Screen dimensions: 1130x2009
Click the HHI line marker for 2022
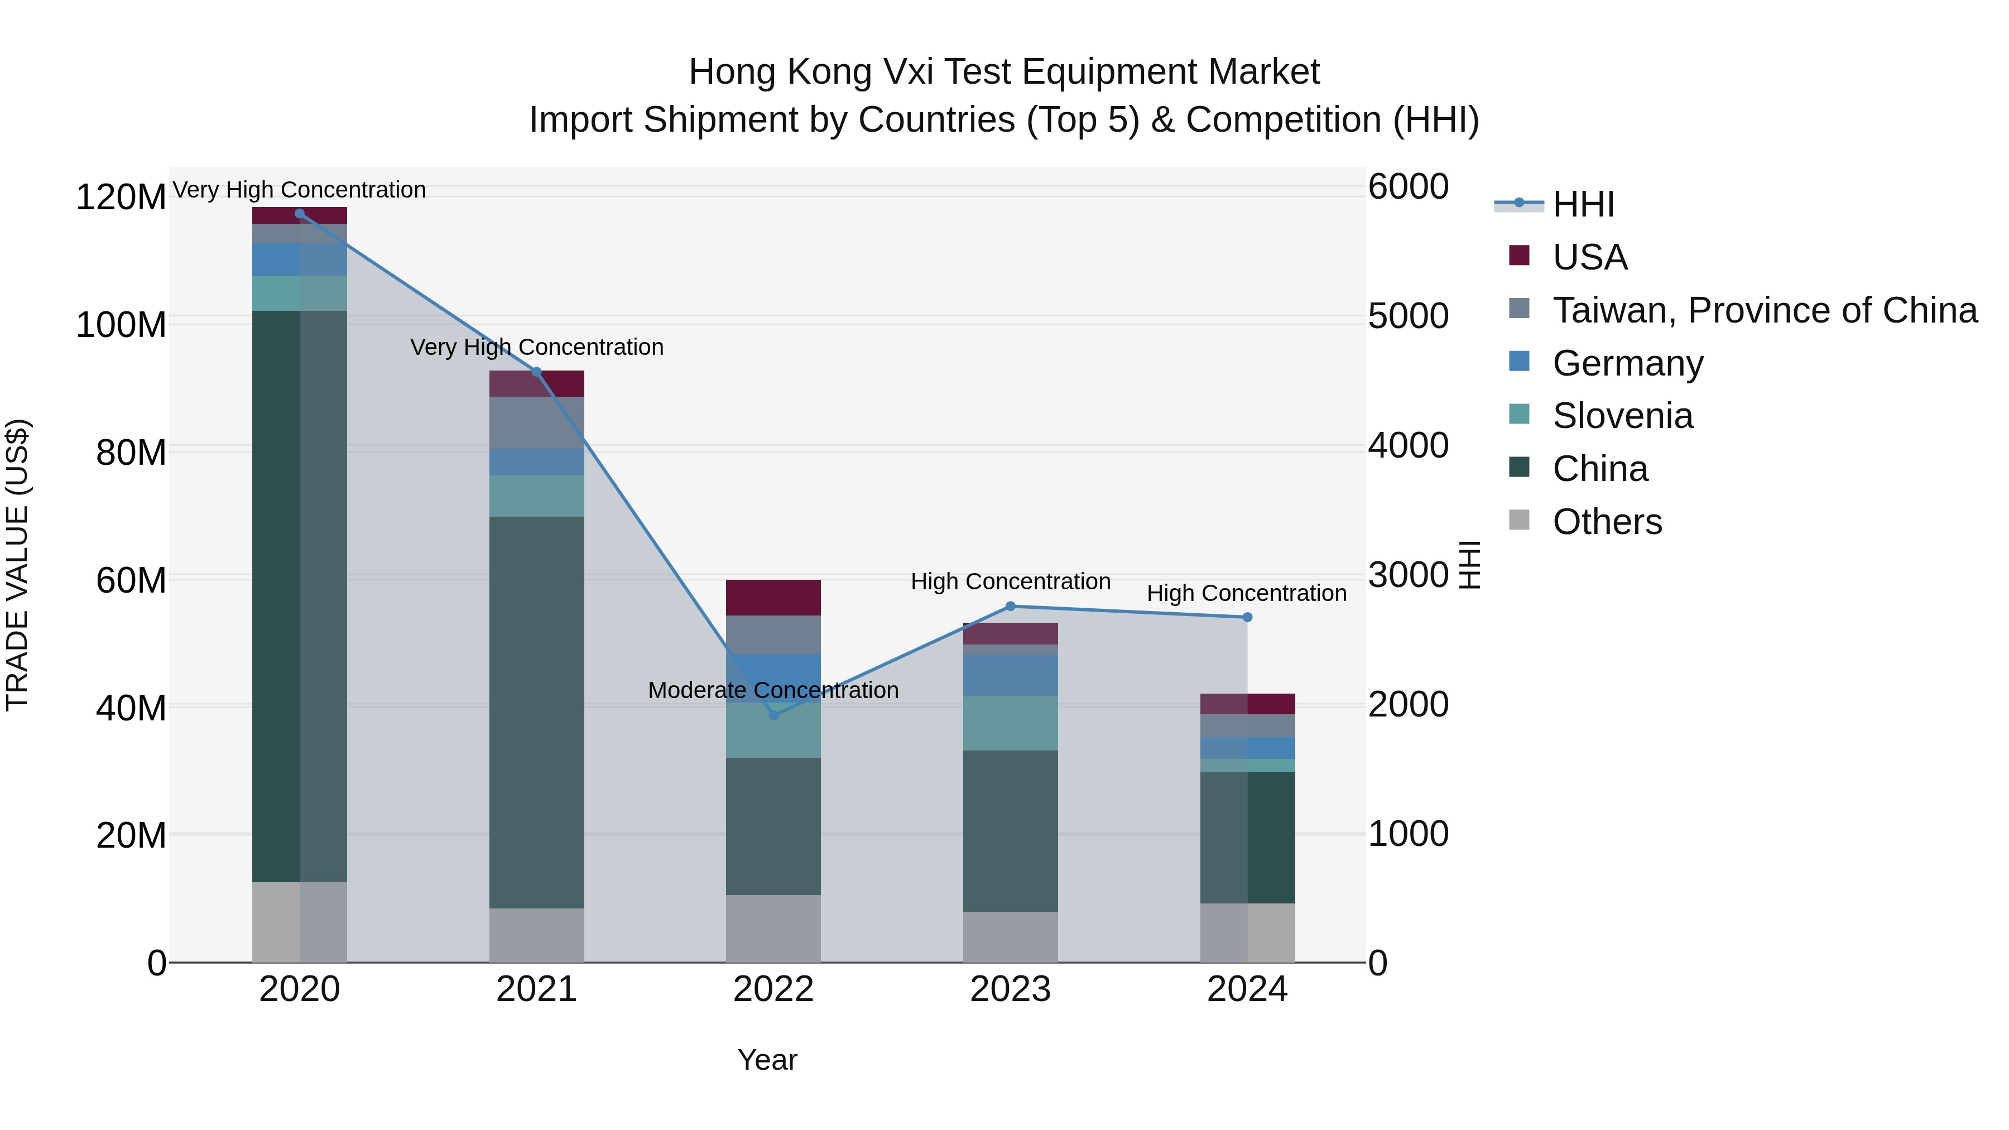click(x=773, y=715)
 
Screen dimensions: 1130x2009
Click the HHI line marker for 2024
click(x=1247, y=617)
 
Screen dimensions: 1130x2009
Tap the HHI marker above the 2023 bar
click(x=1010, y=606)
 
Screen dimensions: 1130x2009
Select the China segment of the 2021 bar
click(x=536, y=711)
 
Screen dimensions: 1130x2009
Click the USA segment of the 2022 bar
click(x=773, y=597)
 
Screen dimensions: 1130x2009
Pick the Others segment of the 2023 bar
click(x=1010, y=936)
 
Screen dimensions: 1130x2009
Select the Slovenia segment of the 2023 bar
click(x=1010, y=723)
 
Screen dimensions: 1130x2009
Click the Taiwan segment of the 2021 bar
click(x=536, y=422)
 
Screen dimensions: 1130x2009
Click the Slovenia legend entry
click(x=1622, y=416)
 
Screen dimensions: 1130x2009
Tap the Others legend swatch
click(x=1519, y=520)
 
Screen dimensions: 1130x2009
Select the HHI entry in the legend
click(x=1583, y=204)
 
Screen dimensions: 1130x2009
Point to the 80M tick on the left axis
click(x=130, y=453)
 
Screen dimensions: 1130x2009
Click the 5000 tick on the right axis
click(x=1409, y=316)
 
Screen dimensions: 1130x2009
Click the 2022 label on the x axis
click(x=773, y=989)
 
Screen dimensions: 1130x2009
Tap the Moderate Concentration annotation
click(x=773, y=690)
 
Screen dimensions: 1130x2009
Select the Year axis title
click(x=767, y=1060)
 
